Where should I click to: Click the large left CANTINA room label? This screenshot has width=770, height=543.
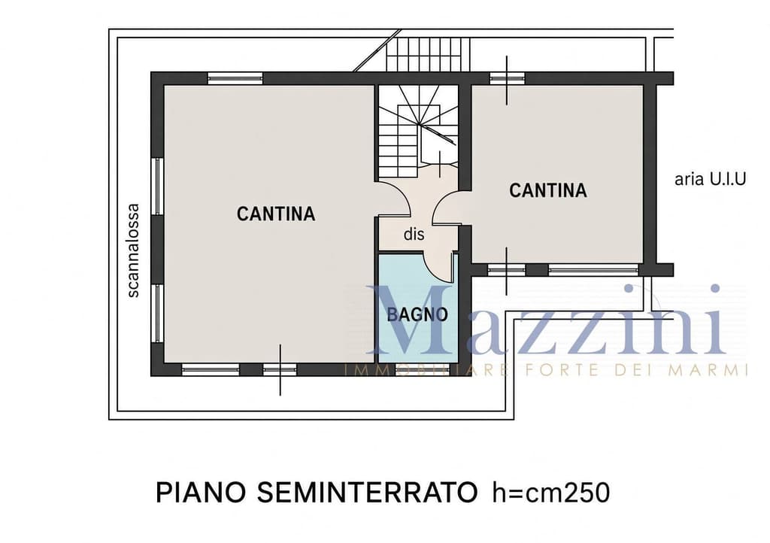tap(276, 214)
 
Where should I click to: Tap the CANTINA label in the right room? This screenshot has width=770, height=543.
tap(548, 190)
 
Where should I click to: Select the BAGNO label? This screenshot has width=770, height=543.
tap(417, 314)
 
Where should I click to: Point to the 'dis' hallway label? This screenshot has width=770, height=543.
tap(414, 235)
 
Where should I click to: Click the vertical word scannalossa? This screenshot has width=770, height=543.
tap(133, 250)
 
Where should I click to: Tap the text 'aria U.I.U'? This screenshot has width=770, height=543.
tap(710, 179)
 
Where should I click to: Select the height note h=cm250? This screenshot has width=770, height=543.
tap(551, 493)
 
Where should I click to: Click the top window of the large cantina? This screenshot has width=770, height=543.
tap(235, 78)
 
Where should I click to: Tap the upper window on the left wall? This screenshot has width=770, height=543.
tap(157, 186)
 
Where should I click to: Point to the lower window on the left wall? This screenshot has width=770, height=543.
tap(157, 313)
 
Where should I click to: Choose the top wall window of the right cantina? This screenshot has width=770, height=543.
tap(508, 78)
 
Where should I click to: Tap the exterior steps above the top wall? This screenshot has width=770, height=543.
tap(424, 55)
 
